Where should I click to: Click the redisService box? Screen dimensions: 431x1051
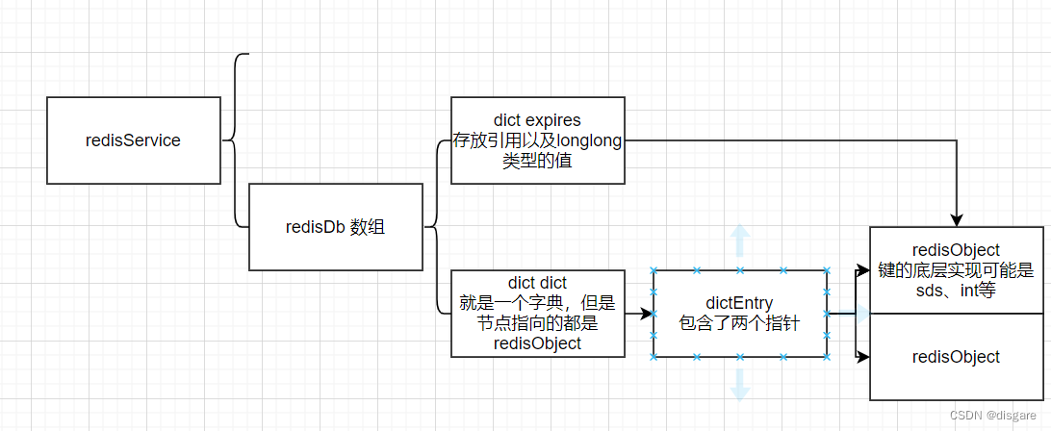(133, 140)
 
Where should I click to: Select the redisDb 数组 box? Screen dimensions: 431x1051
(335, 227)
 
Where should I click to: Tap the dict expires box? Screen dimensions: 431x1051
(537, 140)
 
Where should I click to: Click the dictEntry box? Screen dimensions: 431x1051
(739, 314)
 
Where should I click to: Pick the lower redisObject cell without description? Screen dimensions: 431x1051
(956, 357)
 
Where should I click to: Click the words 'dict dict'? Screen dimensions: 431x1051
(537, 283)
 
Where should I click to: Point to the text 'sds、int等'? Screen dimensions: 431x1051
(956, 292)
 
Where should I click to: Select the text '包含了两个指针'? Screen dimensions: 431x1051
(739, 324)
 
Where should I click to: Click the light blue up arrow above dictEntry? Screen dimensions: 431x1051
(739, 239)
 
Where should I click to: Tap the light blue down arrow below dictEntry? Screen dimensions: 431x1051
(739, 385)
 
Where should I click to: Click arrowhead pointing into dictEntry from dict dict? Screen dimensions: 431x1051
(646, 314)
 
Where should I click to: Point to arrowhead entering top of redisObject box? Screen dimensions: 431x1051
(957, 220)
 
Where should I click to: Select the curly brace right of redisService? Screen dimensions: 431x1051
(233, 140)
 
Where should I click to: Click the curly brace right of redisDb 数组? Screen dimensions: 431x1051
(435, 227)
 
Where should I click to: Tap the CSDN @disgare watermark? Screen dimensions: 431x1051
(996, 416)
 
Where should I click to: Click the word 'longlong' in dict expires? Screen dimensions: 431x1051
(589, 140)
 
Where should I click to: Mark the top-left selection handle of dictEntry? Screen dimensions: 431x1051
(654, 270)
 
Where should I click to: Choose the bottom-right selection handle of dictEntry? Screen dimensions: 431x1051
(826, 357)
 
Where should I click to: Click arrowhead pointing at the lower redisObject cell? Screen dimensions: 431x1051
(863, 358)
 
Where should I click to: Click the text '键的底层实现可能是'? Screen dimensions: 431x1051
(956, 270)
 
